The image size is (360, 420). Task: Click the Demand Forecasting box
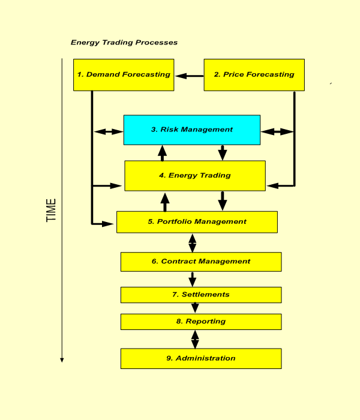pos(124,75)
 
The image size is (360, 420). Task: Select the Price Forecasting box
pos(254,75)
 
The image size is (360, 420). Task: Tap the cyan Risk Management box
pos(192,130)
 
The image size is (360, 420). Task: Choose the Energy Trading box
pos(195,176)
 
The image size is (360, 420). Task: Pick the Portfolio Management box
pos(197,222)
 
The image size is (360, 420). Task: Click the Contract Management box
pos(201,262)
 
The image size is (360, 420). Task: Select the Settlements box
pos(201,295)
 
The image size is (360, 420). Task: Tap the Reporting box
pos(201,322)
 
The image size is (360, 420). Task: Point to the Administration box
pos(201,358)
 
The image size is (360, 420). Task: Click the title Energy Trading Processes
pos(124,43)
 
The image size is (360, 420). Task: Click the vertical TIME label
pos(52,210)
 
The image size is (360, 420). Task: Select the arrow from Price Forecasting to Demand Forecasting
pos(189,76)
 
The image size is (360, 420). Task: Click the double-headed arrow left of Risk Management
pos(109,131)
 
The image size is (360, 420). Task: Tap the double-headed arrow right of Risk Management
pos(277,131)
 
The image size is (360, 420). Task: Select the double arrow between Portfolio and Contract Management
pos(192,242)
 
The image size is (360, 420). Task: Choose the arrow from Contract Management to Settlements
pos(192,279)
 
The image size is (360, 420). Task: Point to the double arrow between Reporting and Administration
pos(195,339)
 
